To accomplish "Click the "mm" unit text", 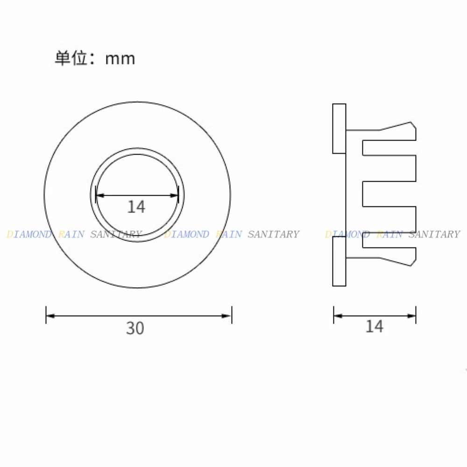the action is (x=120, y=59).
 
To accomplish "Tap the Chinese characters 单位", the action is (x=71, y=58).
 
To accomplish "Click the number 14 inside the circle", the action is (x=136, y=207).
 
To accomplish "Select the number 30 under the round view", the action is (x=135, y=328).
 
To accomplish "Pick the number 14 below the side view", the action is (x=375, y=326).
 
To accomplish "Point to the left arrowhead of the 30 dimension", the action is (x=50, y=316).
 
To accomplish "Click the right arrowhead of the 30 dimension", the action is (x=226, y=316).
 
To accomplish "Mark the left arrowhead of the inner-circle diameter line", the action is (x=100, y=195).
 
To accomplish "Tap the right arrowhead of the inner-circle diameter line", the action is (x=174, y=195).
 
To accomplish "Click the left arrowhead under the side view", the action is (x=338, y=316).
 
